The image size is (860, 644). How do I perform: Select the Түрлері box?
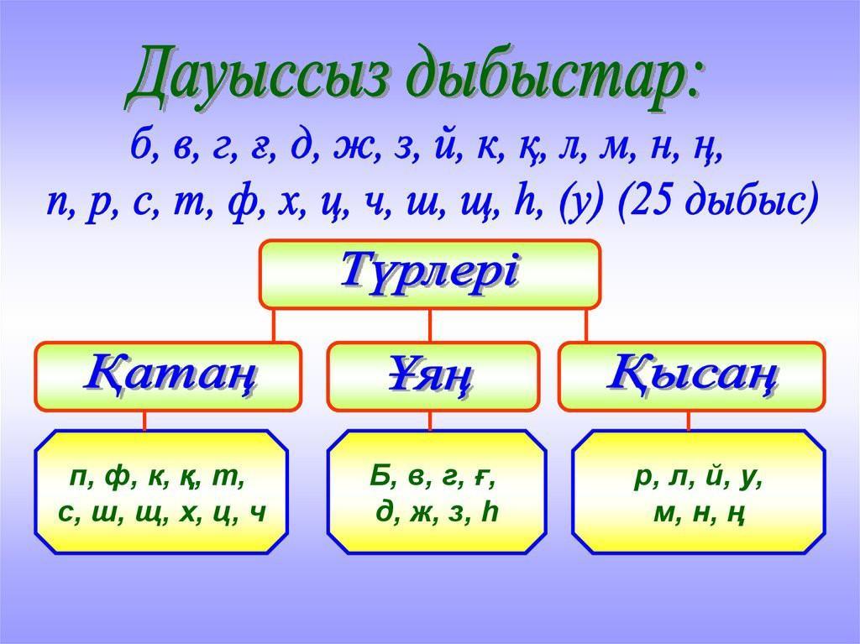[x=430, y=275]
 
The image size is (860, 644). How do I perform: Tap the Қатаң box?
[x=168, y=376]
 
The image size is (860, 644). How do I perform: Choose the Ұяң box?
[x=433, y=376]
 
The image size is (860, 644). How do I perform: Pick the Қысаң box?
[x=692, y=376]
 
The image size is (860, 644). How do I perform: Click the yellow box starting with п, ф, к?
[x=162, y=491]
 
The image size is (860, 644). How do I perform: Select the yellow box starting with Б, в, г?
[x=437, y=491]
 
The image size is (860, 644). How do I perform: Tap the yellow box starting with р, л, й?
[x=699, y=491]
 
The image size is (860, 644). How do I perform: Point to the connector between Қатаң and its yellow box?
[x=144, y=421]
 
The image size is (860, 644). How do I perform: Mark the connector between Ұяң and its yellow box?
[x=430, y=421]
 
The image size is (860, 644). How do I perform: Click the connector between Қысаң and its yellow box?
[x=689, y=421]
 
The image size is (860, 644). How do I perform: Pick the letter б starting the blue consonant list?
[x=140, y=144]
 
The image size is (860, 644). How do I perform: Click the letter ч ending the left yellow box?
[x=257, y=514]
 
